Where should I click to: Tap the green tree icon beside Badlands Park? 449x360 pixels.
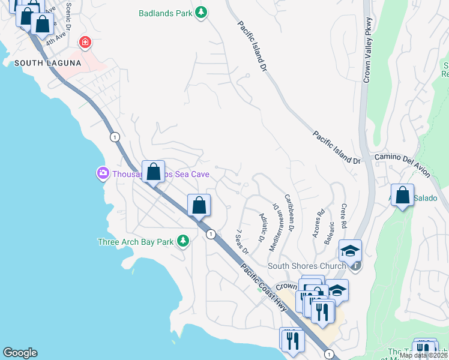(202, 13)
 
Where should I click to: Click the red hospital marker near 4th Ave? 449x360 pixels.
(86, 42)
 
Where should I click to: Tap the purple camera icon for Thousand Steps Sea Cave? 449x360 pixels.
(101, 173)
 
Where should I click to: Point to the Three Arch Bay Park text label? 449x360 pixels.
(136, 242)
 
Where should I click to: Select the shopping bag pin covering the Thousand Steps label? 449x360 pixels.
(153, 172)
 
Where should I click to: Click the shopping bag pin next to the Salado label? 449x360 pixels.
(402, 196)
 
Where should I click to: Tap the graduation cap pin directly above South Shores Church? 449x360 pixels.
(350, 250)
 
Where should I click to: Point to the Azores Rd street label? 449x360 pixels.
(318, 224)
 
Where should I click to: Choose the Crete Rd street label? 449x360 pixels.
(344, 216)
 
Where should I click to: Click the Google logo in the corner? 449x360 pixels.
(20, 353)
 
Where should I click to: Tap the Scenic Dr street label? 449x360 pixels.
(68, 16)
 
